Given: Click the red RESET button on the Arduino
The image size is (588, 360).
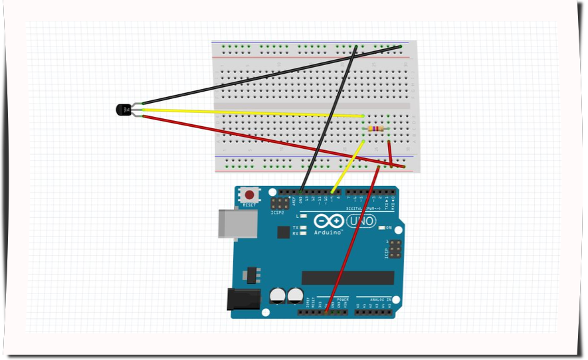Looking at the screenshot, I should click(x=249, y=195).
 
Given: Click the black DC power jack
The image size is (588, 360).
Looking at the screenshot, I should click(x=240, y=299).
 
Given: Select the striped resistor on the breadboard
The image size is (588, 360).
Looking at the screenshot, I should click(x=376, y=129).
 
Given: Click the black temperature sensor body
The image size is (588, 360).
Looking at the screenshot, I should click(x=123, y=109).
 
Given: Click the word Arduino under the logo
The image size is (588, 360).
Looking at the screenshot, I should click(x=328, y=232).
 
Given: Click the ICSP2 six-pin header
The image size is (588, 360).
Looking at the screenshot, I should click(x=280, y=203).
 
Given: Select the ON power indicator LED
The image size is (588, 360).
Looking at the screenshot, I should click(x=382, y=228).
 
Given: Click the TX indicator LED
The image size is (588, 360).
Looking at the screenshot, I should click(x=303, y=228).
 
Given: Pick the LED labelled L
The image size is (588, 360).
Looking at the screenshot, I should click(x=303, y=216).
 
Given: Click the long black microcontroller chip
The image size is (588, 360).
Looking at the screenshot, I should click(x=347, y=278).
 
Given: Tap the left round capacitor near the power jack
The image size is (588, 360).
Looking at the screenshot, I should click(x=278, y=294).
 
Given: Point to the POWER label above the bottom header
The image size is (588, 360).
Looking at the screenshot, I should click(x=342, y=300).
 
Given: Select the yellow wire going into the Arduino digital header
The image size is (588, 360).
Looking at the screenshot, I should click(x=347, y=166).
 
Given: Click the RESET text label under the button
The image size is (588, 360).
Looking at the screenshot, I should click(x=249, y=205).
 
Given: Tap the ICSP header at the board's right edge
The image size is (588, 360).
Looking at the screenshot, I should click(x=394, y=249).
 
